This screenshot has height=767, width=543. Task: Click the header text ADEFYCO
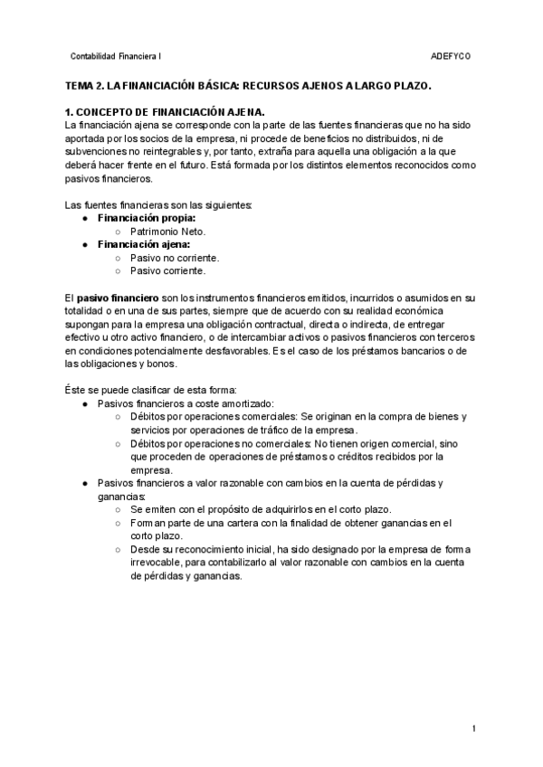451,56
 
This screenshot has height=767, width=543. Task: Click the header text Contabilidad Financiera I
115,56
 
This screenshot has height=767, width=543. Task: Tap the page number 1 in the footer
474,728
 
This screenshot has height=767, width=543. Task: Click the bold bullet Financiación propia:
146,219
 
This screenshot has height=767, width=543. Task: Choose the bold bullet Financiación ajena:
143,244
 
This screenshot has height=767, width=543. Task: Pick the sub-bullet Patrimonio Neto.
167,232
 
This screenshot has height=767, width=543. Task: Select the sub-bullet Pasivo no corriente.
175,257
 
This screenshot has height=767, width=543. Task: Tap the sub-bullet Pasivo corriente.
167,270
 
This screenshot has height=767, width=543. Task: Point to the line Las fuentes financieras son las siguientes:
153,205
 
